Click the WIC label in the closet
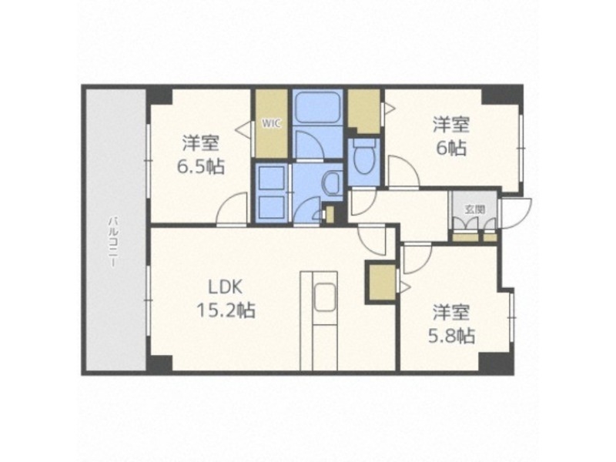pyautogui.click(x=271, y=122)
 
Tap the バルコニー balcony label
pyautogui.click(x=113, y=242)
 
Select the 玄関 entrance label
pyautogui.click(x=474, y=209)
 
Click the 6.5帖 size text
pyautogui.click(x=202, y=165)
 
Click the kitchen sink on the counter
pyautogui.click(x=323, y=296)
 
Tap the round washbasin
pyautogui.click(x=333, y=185)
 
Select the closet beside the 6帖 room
pyautogui.click(x=363, y=111)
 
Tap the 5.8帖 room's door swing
pyautogui.click(x=417, y=258)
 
